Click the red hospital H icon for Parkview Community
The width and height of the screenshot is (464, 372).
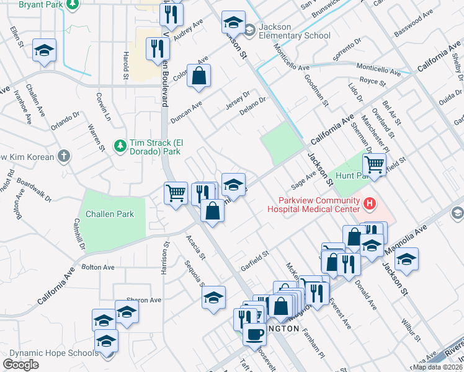370,203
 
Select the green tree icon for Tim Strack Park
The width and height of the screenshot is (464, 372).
120,145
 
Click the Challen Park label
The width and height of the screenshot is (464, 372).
114,214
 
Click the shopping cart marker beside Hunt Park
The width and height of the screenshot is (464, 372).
375,165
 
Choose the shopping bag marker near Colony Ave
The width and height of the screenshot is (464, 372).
199,77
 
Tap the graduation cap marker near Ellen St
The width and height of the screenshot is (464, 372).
45,51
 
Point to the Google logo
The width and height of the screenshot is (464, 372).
20,365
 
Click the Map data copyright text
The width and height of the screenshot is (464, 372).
437,367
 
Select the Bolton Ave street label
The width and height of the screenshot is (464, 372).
98,267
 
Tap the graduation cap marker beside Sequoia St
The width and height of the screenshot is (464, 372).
213,298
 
